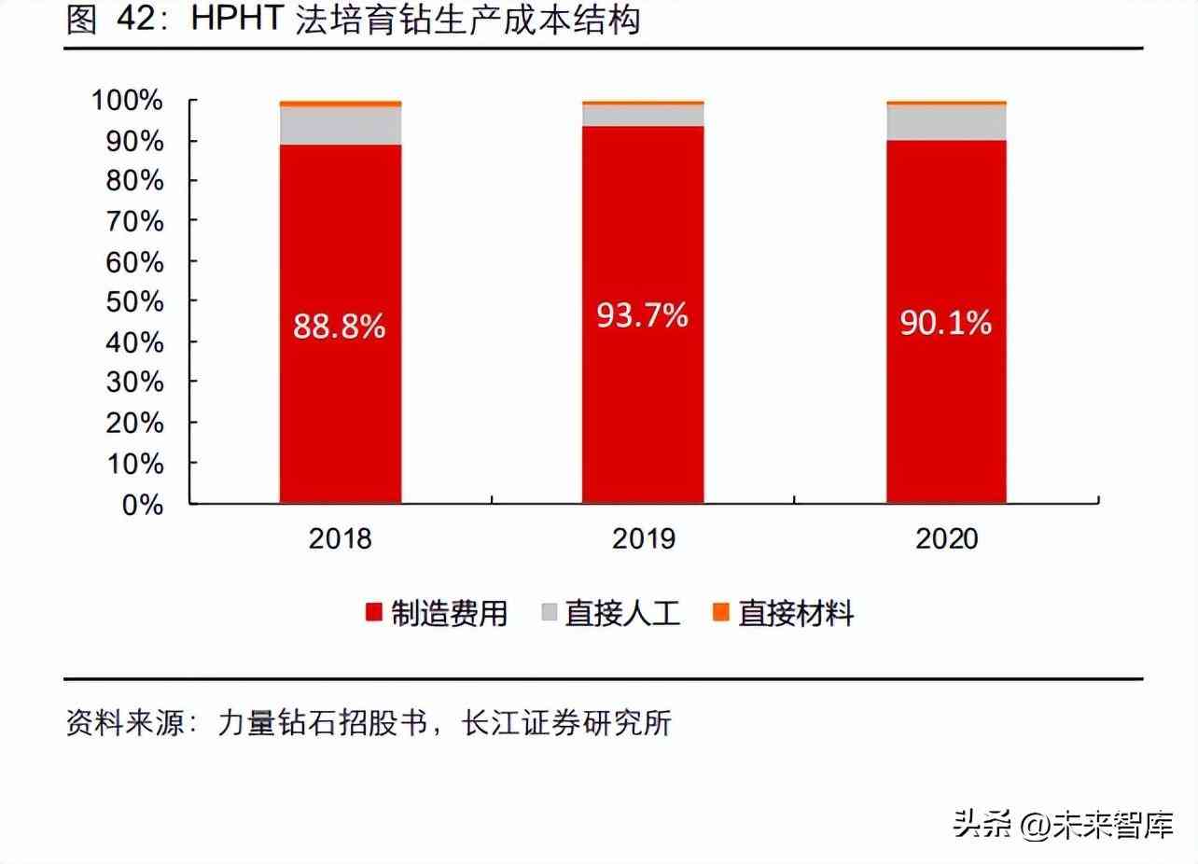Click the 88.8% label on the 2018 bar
(340, 326)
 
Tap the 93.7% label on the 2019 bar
(642, 315)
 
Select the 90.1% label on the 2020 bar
(945, 323)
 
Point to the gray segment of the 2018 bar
(340, 125)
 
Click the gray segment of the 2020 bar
(945, 122)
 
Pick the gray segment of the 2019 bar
(642, 115)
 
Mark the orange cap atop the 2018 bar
(340, 103)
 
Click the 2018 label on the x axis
(340, 538)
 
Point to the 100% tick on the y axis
(128, 100)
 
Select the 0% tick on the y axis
(142, 504)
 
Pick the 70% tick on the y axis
(133, 221)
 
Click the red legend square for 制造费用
(374, 613)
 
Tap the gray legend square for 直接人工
(548, 613)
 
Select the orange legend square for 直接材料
(721, 613)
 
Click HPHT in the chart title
(236, 21)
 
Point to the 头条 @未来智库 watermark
(1063, 824)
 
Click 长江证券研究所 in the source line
(566, 723)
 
